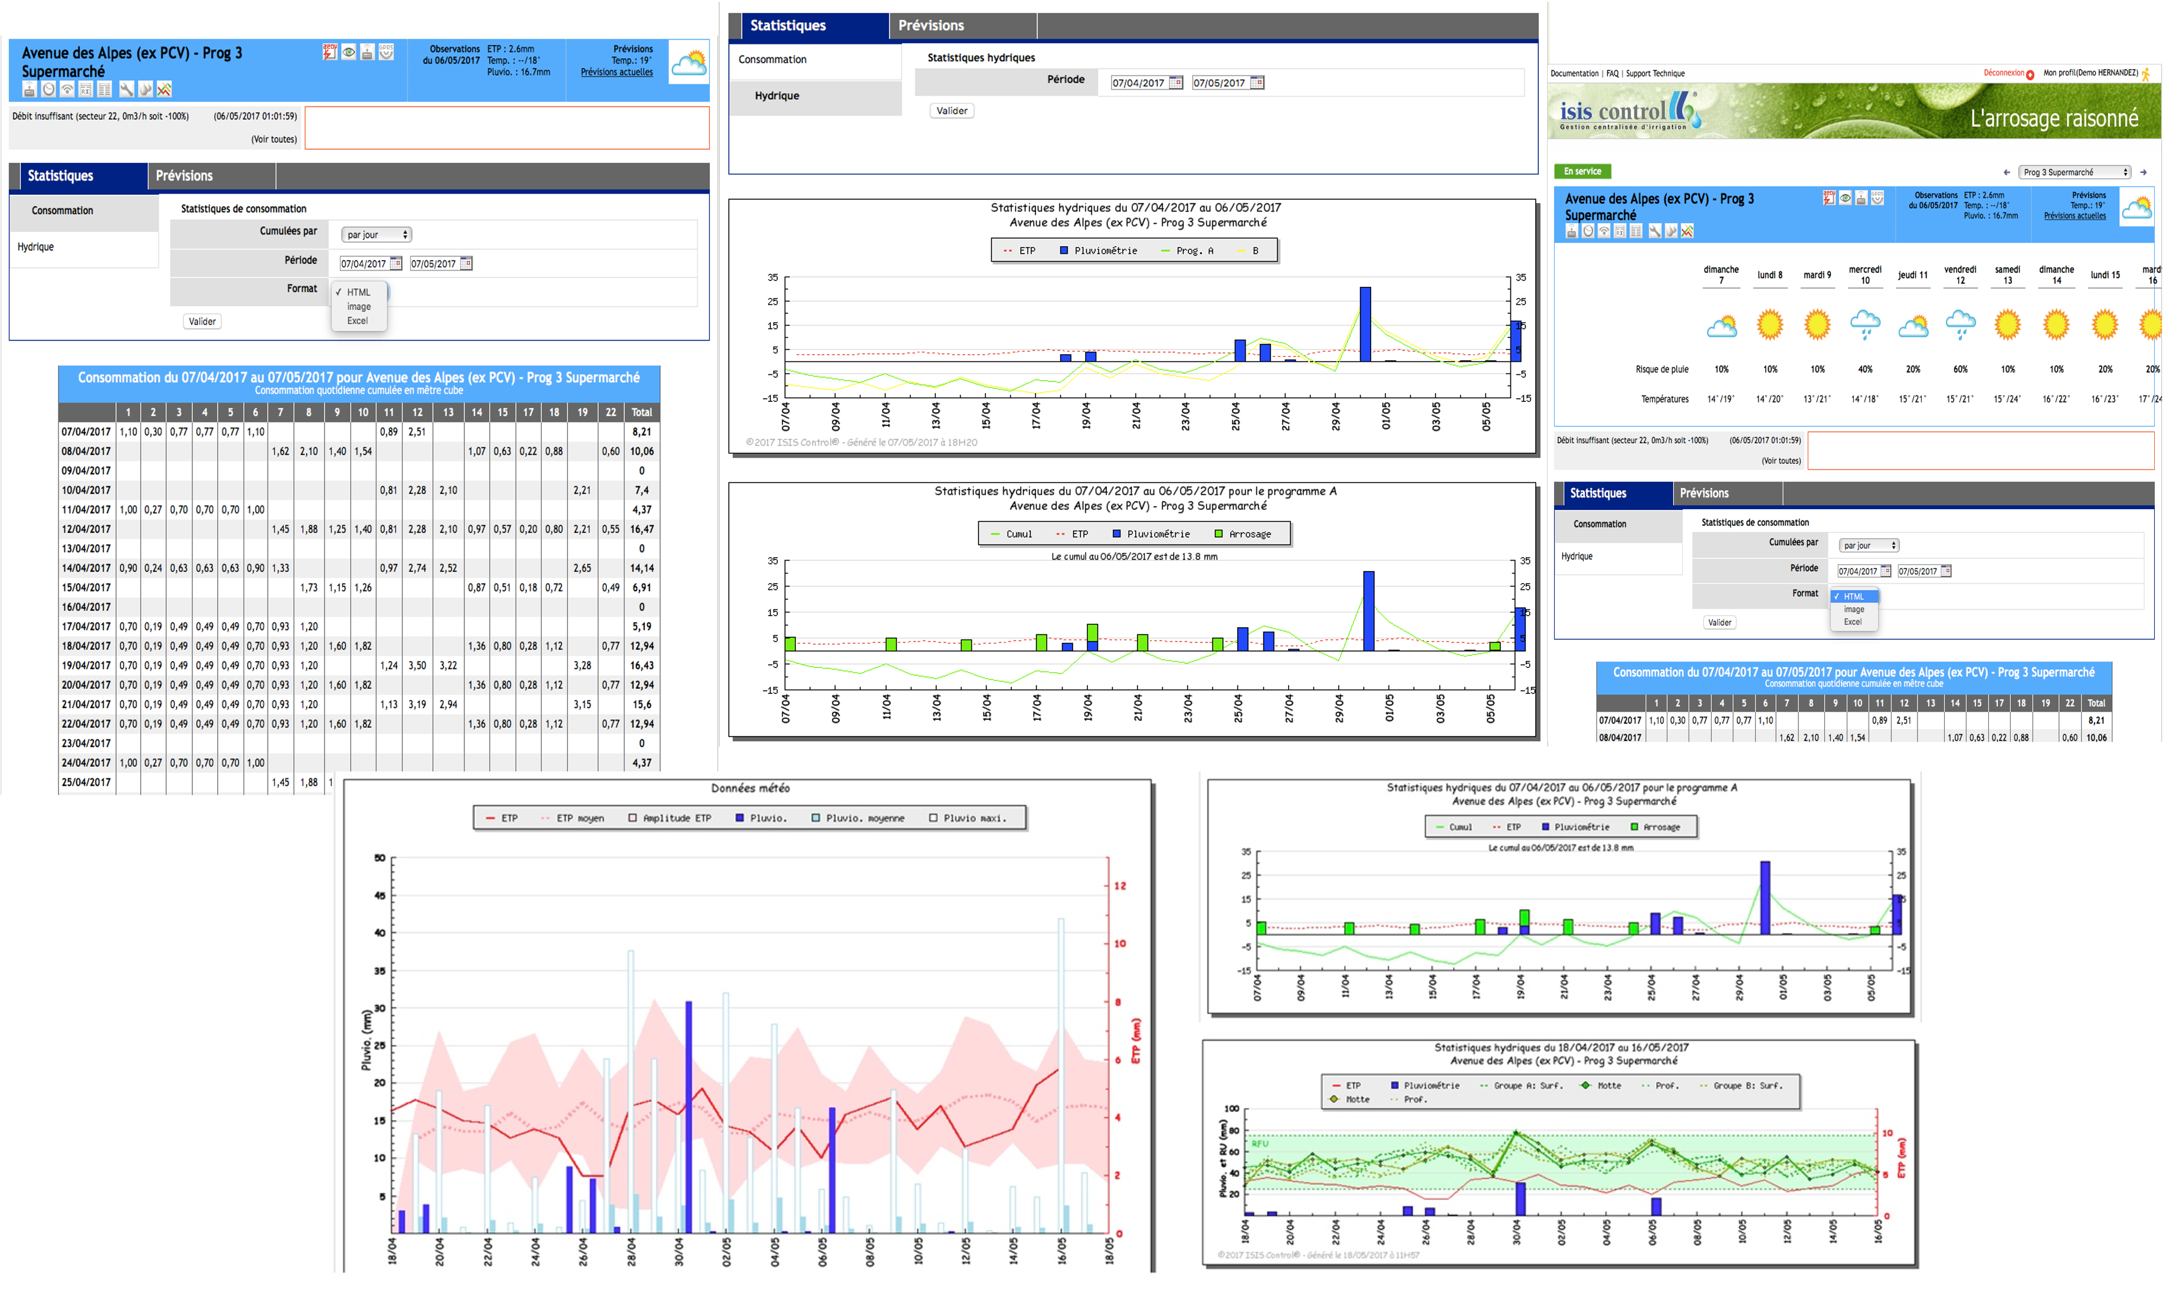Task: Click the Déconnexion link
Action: (2003, 73)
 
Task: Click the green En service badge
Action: (1582, 171)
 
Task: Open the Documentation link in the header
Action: (1574, 74)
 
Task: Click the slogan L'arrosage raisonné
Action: (2053, 118)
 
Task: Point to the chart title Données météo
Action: (750, 788)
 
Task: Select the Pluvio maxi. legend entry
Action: (974, 818)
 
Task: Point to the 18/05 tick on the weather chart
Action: (1109, 1252)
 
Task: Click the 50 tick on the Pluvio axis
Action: (380, 858)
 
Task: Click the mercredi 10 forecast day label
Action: (1865, 274)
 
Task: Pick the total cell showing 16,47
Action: (641, 529)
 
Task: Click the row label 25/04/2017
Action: (86, 782)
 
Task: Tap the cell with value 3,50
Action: (417, 666)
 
